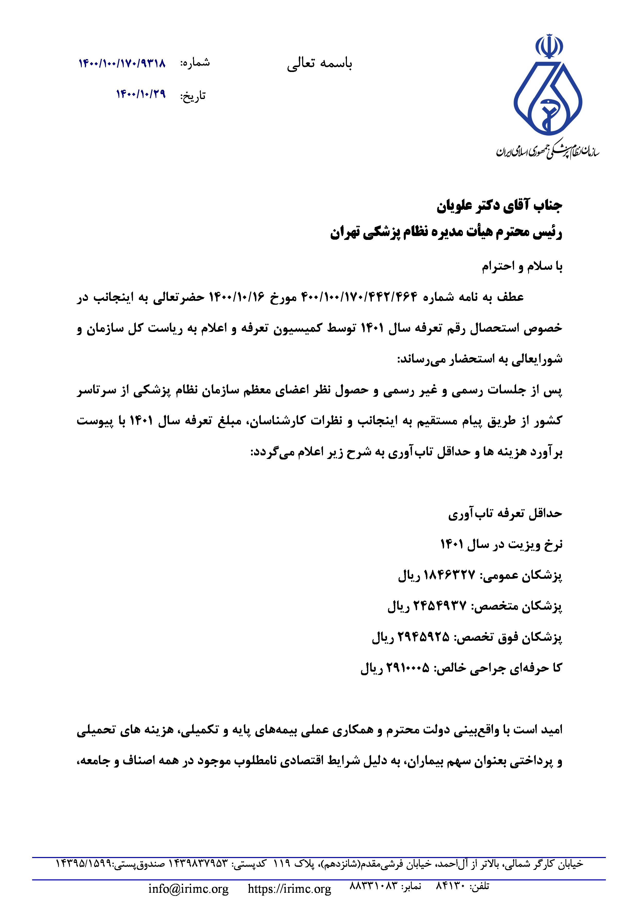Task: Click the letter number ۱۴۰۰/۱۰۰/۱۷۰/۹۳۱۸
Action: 122,63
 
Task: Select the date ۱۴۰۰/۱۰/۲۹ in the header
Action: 141,94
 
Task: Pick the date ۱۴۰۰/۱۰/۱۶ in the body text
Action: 237,297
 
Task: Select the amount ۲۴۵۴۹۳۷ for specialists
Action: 440,606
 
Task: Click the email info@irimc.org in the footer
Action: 188,889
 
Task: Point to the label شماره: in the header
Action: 195,63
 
